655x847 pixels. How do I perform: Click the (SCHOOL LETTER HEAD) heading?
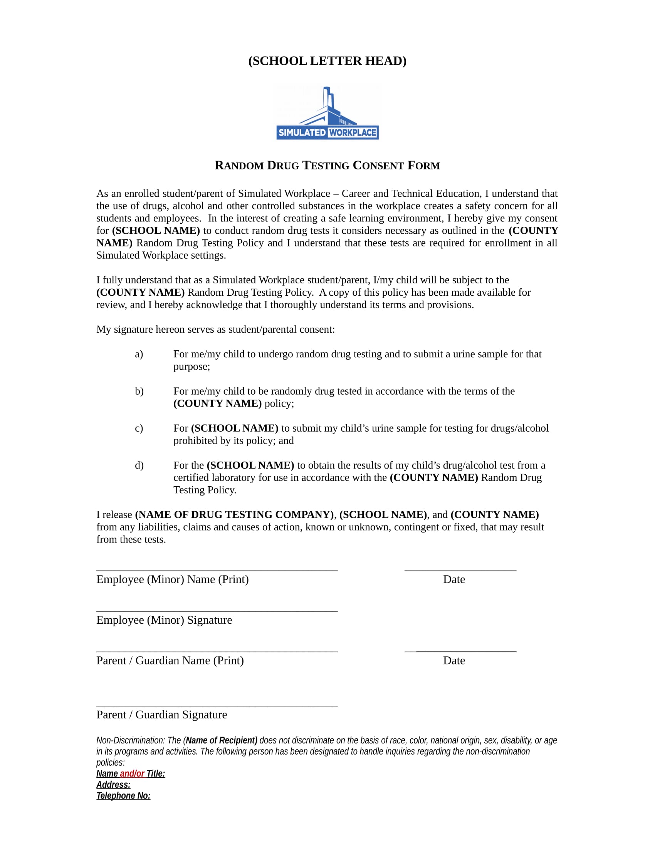327,61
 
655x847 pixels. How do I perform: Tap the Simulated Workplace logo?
327,112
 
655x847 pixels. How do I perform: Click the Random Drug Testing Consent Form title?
327,166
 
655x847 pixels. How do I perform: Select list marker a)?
139,354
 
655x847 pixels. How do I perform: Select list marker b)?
139,391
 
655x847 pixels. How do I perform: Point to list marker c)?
139,428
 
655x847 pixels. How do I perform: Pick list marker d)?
139,465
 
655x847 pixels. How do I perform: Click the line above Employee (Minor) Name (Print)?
217,570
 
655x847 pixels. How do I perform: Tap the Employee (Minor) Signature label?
164,620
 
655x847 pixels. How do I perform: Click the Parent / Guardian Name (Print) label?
170,660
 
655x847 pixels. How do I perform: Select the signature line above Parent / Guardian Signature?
217,705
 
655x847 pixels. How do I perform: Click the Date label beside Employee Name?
454,579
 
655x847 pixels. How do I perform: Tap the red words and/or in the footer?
132,774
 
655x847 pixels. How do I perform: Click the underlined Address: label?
113,785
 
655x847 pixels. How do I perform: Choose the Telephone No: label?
123,796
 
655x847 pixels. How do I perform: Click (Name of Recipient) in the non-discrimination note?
220,740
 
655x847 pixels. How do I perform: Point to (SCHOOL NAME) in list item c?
234,428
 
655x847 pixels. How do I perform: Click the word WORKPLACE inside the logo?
352,133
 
